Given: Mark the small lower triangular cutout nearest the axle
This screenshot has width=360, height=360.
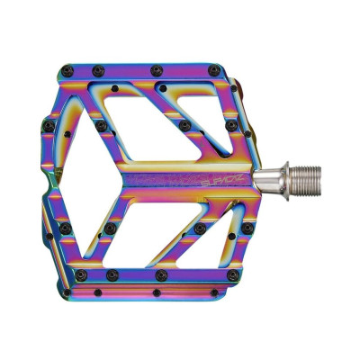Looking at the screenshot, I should (x=233, y=222).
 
